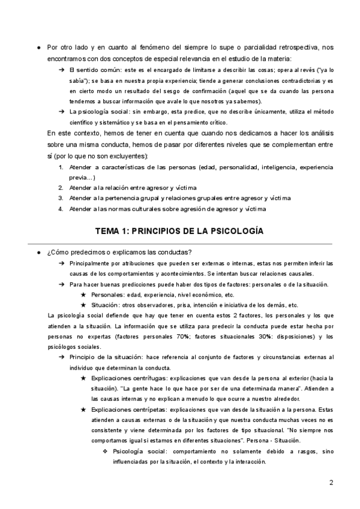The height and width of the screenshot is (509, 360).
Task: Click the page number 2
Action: (331, 483)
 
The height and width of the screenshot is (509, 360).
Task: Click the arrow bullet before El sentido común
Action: (62, 70)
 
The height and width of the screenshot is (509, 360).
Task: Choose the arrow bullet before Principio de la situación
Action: (62, 358)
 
